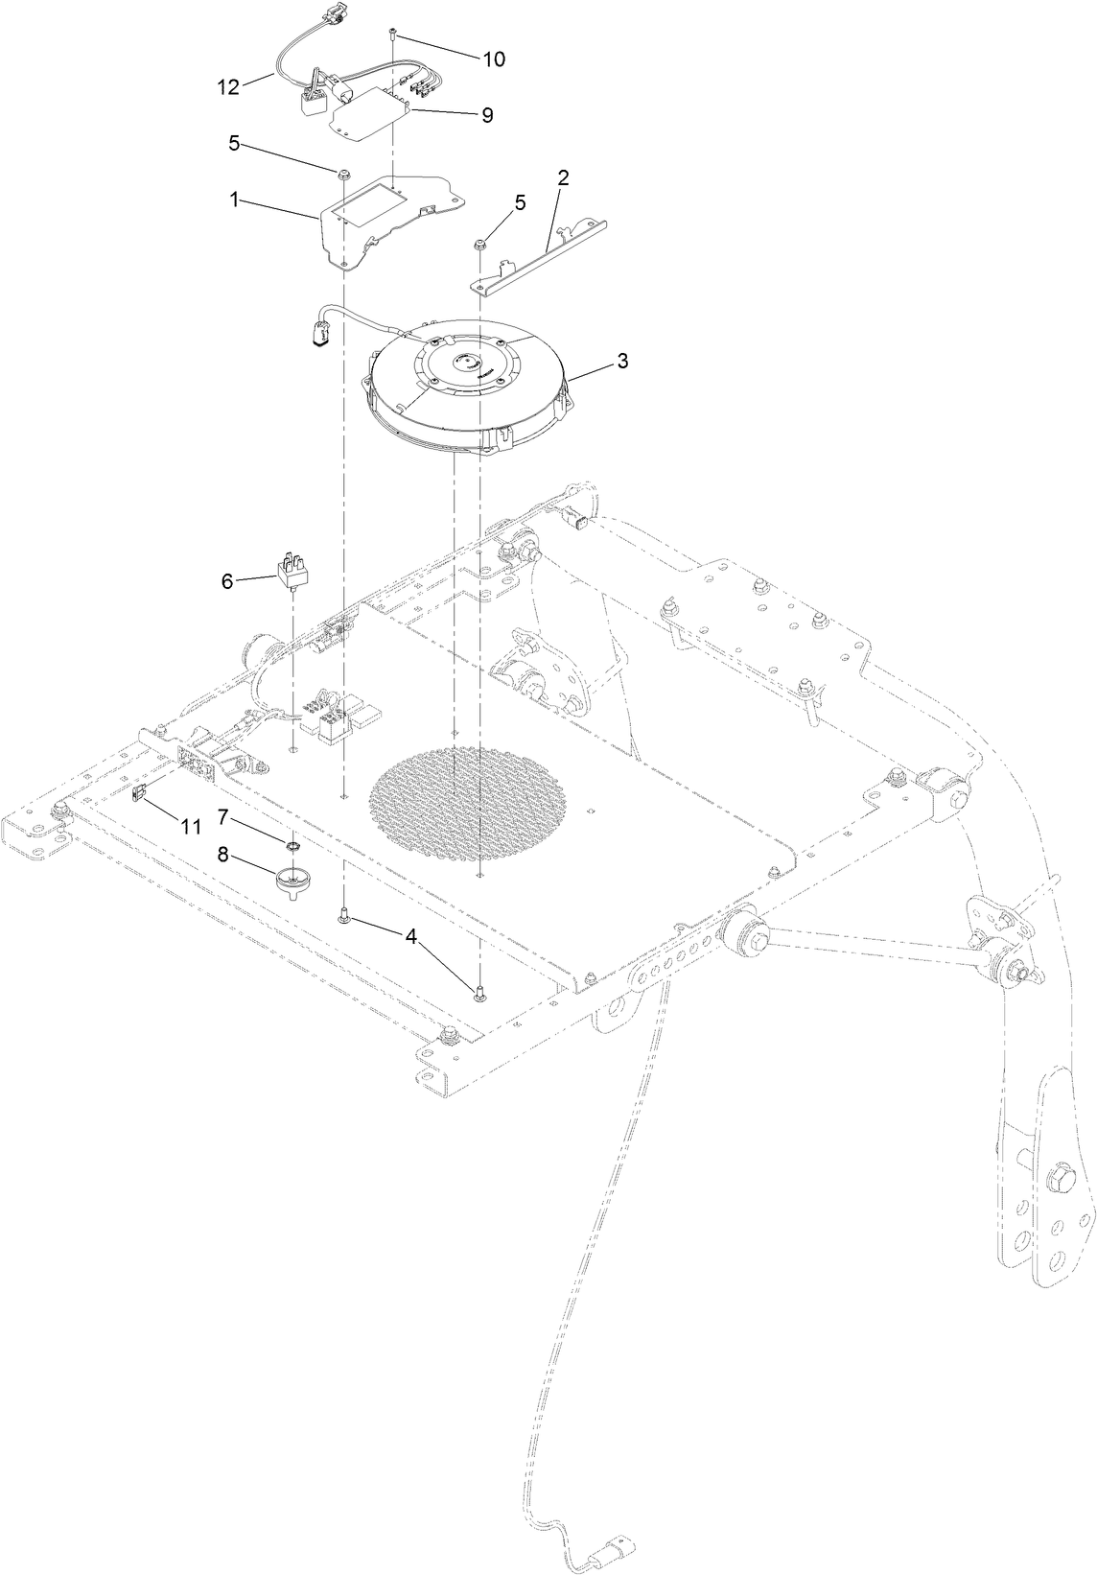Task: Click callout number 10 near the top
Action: pyautogui.click(x=493, y=59)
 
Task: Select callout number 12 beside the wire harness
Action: pyautogui.click(x=228, y=87)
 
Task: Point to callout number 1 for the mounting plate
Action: pyautogui.click(x=233, y=200)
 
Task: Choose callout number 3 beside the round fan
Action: pyautogui.click(x=622, y=361)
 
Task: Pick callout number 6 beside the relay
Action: pyautogui.click(x=227, y=581)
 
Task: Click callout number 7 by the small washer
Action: pyautogui.click(x=222, y=817)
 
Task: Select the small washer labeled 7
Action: pyautogui.click(x=288, y=844)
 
